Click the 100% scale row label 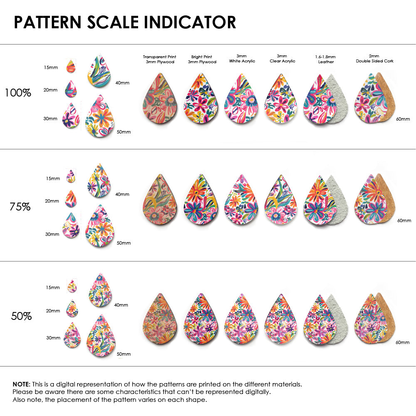coord(18,93)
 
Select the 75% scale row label coord(20,206)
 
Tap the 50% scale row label coord(21,316)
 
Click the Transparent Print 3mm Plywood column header coord(159,59)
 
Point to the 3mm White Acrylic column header coord(242,59)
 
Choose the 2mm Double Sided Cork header coord(374,59)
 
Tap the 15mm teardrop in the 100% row coord(71,67)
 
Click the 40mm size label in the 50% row coord(121,305)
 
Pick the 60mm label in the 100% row coord(402,119)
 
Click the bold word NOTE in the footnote coord(21,384)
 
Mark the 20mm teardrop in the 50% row coord(72,309)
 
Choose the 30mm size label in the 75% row coord(52,234)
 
